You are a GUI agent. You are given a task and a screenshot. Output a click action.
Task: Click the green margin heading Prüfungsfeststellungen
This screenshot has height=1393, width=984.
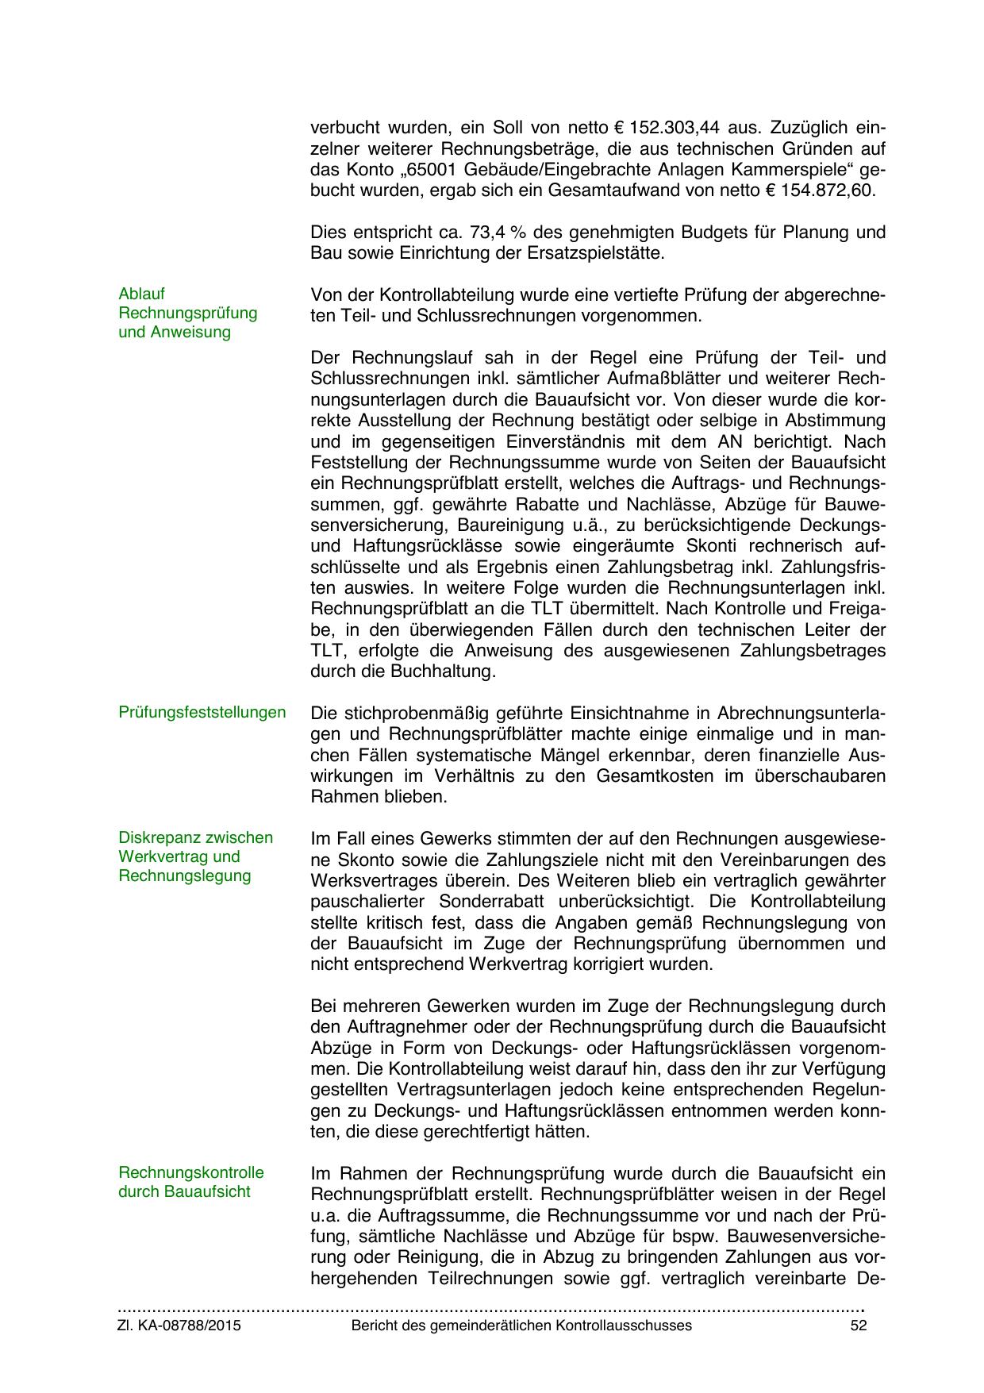pyautogui.click(x=202, y=713)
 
